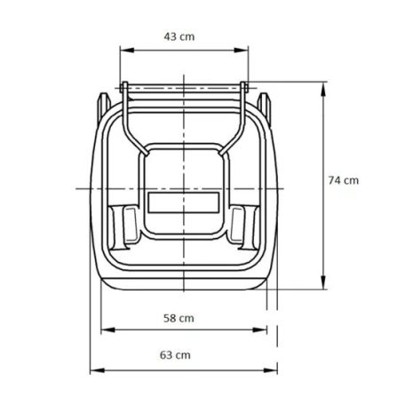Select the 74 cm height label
coord(343,179)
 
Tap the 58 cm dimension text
coord(181,316)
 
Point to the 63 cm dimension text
coord(176,354)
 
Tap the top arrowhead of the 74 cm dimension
coord(322,83)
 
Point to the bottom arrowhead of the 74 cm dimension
coord(322,286)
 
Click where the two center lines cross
coord(184,188)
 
